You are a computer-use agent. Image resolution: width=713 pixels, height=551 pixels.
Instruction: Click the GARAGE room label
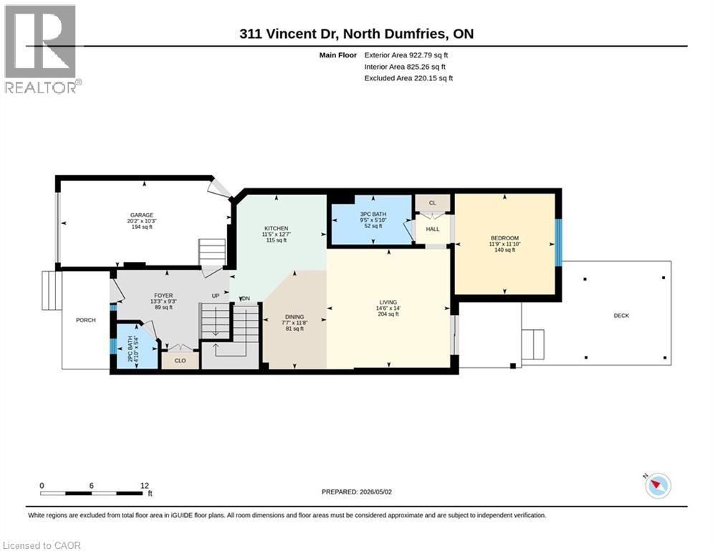[142, 215]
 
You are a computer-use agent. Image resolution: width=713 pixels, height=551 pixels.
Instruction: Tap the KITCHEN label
[277, 228]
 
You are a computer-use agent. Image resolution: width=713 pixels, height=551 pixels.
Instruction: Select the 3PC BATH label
[373, 214]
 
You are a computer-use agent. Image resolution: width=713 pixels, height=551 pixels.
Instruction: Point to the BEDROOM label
[504, 238]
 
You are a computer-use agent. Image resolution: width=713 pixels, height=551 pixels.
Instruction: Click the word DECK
[621, 316]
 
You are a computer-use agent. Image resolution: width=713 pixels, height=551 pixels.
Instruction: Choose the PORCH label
[86, 320]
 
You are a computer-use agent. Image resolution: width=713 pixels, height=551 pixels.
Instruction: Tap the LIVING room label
[388, 302]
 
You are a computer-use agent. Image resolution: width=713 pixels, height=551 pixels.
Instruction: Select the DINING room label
[295, 317]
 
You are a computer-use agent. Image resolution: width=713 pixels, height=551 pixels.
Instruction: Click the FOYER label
[163, 296]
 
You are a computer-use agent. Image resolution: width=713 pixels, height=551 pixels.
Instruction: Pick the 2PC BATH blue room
[135, 346]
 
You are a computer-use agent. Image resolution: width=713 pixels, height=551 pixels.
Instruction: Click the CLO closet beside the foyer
[180, 360]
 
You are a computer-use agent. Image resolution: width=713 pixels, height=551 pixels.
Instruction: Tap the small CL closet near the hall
[432, 202]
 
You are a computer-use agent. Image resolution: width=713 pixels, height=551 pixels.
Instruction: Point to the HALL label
[433, 229]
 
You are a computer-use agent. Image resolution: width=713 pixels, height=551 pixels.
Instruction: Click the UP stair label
[216, 296]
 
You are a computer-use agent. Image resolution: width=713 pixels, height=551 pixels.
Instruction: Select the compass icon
[658, 486]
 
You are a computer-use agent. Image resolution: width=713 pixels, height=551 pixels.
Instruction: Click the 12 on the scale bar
[145, 486]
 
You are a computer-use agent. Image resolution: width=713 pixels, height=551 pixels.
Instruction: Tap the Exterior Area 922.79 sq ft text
[406, 55]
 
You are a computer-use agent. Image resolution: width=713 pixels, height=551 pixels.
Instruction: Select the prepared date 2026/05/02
[375, 491]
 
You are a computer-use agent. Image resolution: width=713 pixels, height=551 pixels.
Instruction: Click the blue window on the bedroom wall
[558, 242]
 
